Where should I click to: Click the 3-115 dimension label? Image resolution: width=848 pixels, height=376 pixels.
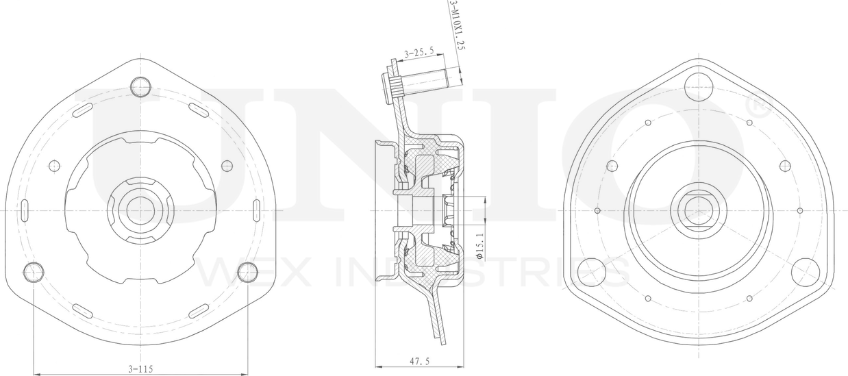[x=140, y=368]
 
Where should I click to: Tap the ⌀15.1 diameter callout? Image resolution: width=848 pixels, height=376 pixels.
[x=479, y=245]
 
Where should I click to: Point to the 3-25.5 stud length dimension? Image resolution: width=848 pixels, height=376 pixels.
[x=419, y=52]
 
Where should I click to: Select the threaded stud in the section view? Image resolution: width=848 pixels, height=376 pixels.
[x=425, y=81]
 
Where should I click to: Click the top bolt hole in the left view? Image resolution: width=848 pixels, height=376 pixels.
[x=140, y=86]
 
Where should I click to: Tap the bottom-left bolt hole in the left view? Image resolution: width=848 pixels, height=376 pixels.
[x=34, y=273]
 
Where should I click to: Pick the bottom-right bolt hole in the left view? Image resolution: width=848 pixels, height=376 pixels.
[x=247, y=273]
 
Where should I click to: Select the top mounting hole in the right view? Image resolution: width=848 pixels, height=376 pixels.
[x=699, y=87]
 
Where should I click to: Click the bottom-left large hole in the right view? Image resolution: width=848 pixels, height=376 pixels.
[x=591, y=272]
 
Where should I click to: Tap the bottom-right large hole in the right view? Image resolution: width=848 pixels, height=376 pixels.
[x=806, y=272]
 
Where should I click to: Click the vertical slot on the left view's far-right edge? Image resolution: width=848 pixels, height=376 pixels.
[x=257, y=210]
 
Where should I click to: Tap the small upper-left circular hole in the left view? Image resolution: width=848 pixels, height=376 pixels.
[x=55, y=165]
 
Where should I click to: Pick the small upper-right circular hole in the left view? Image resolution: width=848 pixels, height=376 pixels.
[x=227, y=165]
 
